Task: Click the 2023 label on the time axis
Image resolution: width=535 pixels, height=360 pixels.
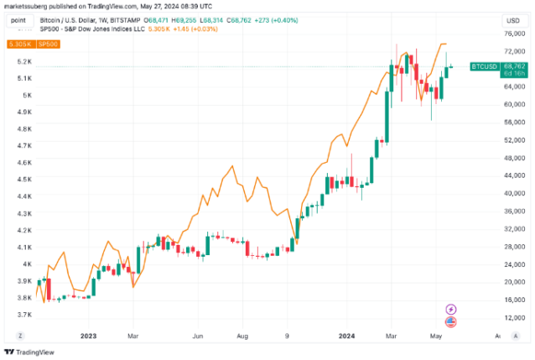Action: [90, 336]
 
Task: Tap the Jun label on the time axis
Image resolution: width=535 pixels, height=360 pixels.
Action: [200, 336]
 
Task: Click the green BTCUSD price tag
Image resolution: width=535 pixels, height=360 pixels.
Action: [485, 65]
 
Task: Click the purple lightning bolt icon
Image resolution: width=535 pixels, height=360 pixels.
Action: [451, 309]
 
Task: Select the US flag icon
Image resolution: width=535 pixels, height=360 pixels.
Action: [451, 321]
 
